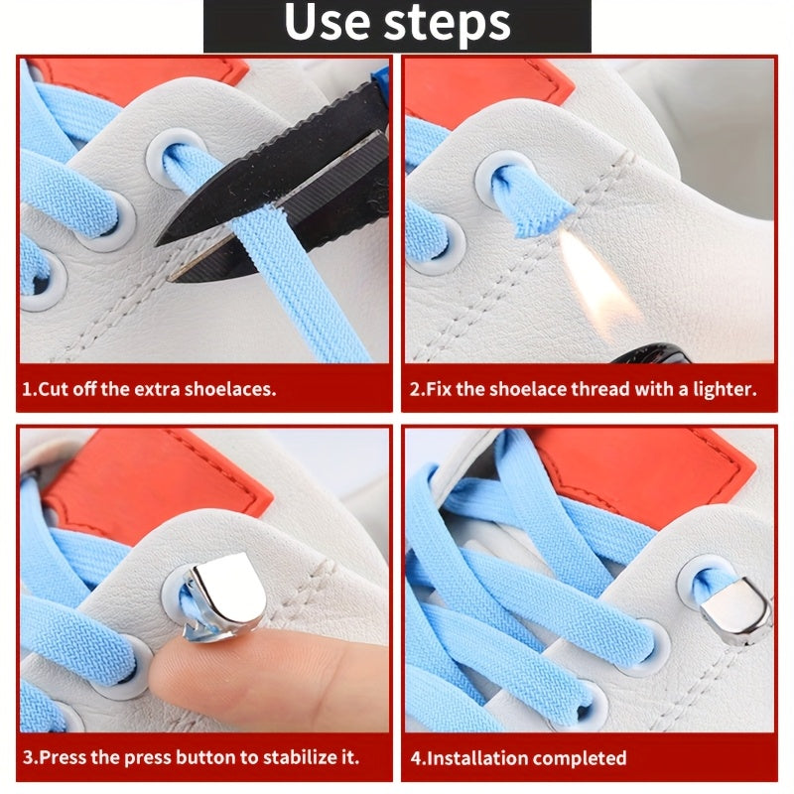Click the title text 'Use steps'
coord(397,25)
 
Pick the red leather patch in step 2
coord(486,84)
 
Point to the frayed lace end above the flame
coord(541,203)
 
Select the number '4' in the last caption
coord(415,758)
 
